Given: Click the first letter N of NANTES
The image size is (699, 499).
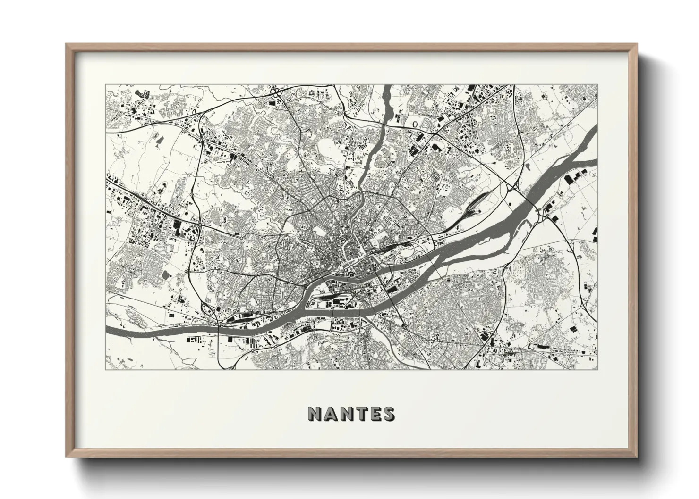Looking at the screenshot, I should [315, 414].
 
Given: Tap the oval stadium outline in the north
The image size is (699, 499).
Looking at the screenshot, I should [415, 124].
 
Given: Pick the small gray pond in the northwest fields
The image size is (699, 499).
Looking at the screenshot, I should [157, 140].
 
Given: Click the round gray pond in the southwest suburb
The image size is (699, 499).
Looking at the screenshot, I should [164, 274].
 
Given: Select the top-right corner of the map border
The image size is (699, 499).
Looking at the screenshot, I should [597, 85].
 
